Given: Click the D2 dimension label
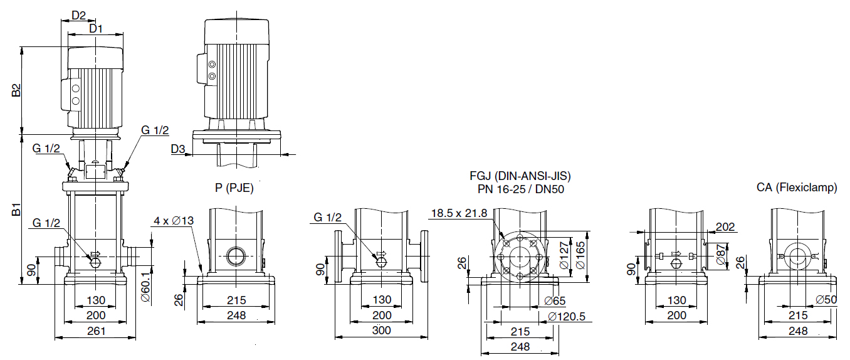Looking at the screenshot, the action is (78, 15).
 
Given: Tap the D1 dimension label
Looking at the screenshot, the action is (96, 28).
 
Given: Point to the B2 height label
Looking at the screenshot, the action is (16, 90).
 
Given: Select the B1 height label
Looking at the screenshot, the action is (16, 209).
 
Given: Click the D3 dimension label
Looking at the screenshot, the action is (177, 149).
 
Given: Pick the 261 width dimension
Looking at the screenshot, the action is (96, 331).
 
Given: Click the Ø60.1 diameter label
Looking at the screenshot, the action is (145, 287).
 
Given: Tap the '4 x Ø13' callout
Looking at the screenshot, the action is (174, 221).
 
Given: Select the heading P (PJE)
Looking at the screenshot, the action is (234, 188).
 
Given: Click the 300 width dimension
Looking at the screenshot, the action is (381, 331).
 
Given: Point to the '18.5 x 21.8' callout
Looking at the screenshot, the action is (459, 213).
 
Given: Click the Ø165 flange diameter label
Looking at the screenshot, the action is (580, 255).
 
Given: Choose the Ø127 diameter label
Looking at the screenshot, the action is (565, 255).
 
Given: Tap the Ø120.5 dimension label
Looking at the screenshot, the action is (567, 316).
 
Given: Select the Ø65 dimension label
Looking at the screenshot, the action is (555, 301).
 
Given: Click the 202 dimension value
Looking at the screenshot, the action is (725, 226).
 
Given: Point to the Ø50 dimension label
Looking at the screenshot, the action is (826, 300).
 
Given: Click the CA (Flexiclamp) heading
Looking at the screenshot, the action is (797, 188).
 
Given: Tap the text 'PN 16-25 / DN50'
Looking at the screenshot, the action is (521, 189).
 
